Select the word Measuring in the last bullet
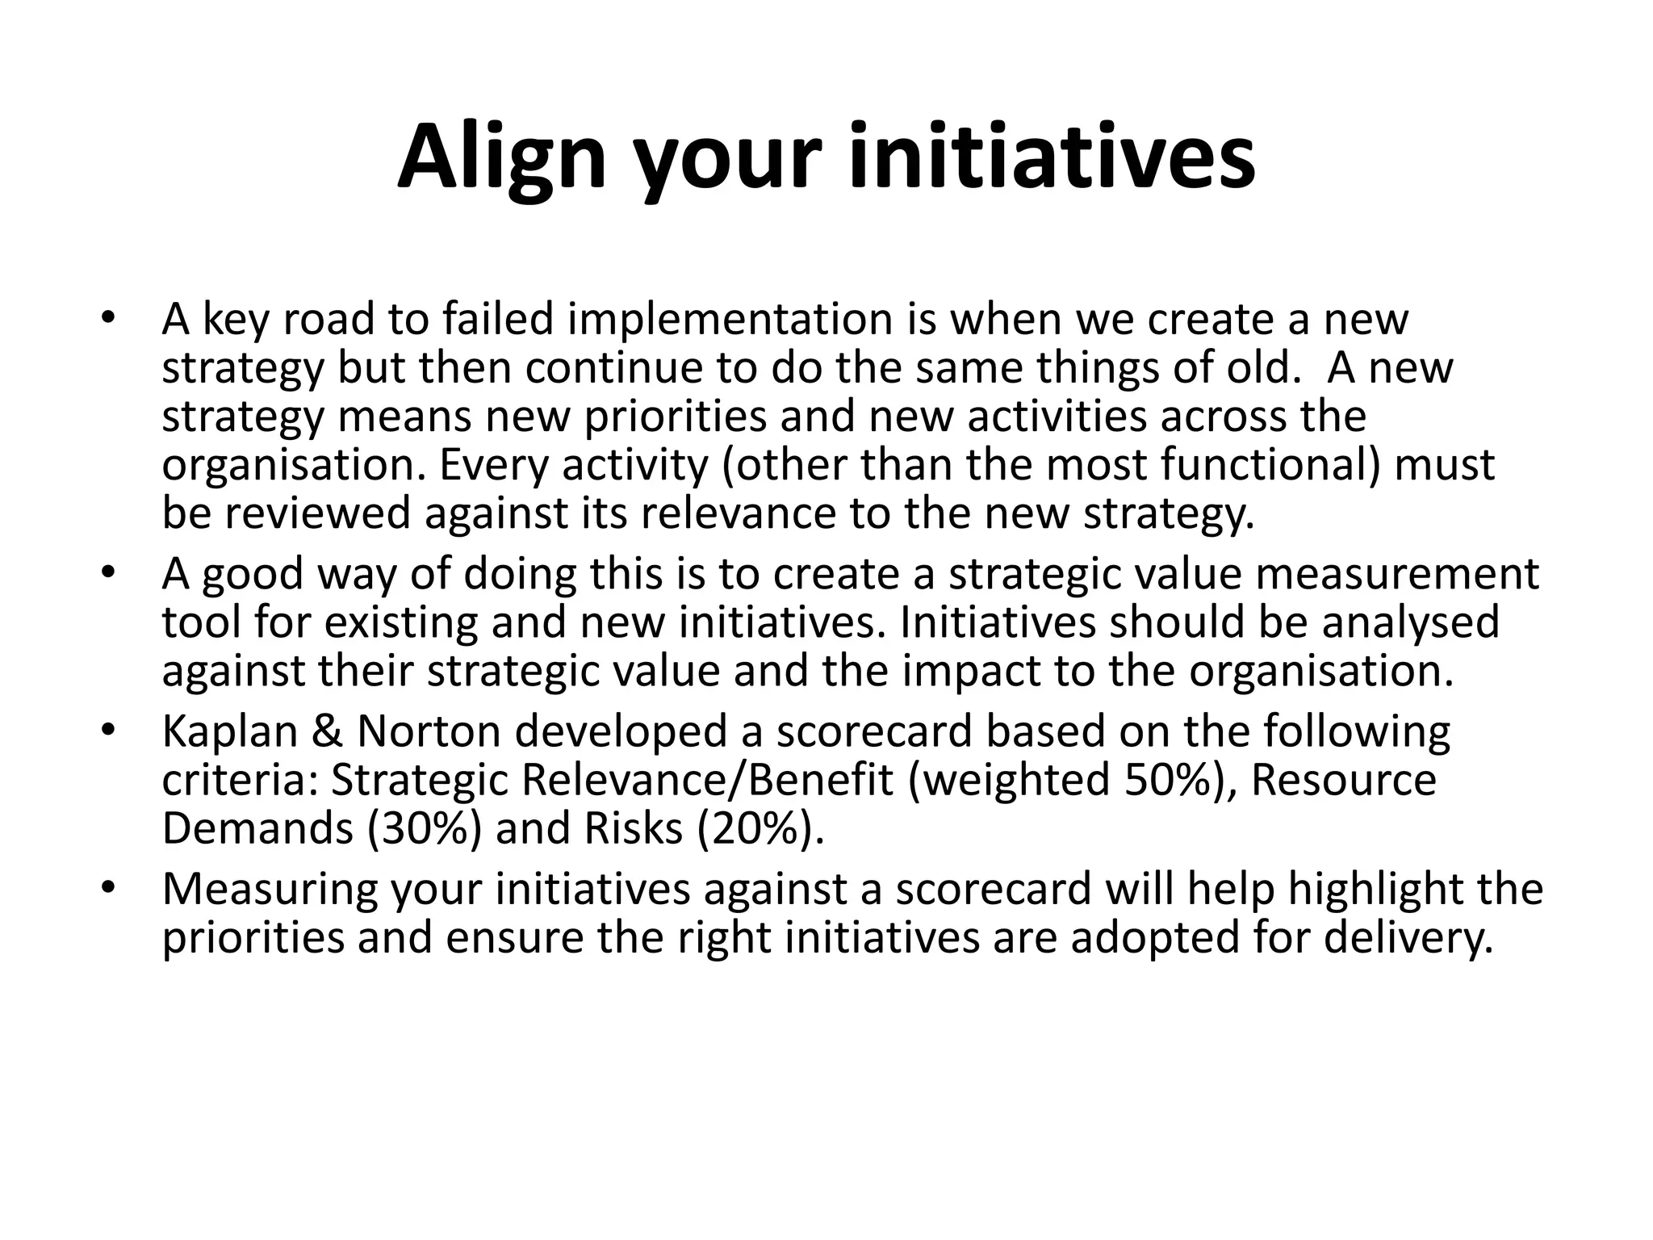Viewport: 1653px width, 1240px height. (x=270, y=890)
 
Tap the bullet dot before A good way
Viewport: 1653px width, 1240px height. (x=109, y=573)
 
